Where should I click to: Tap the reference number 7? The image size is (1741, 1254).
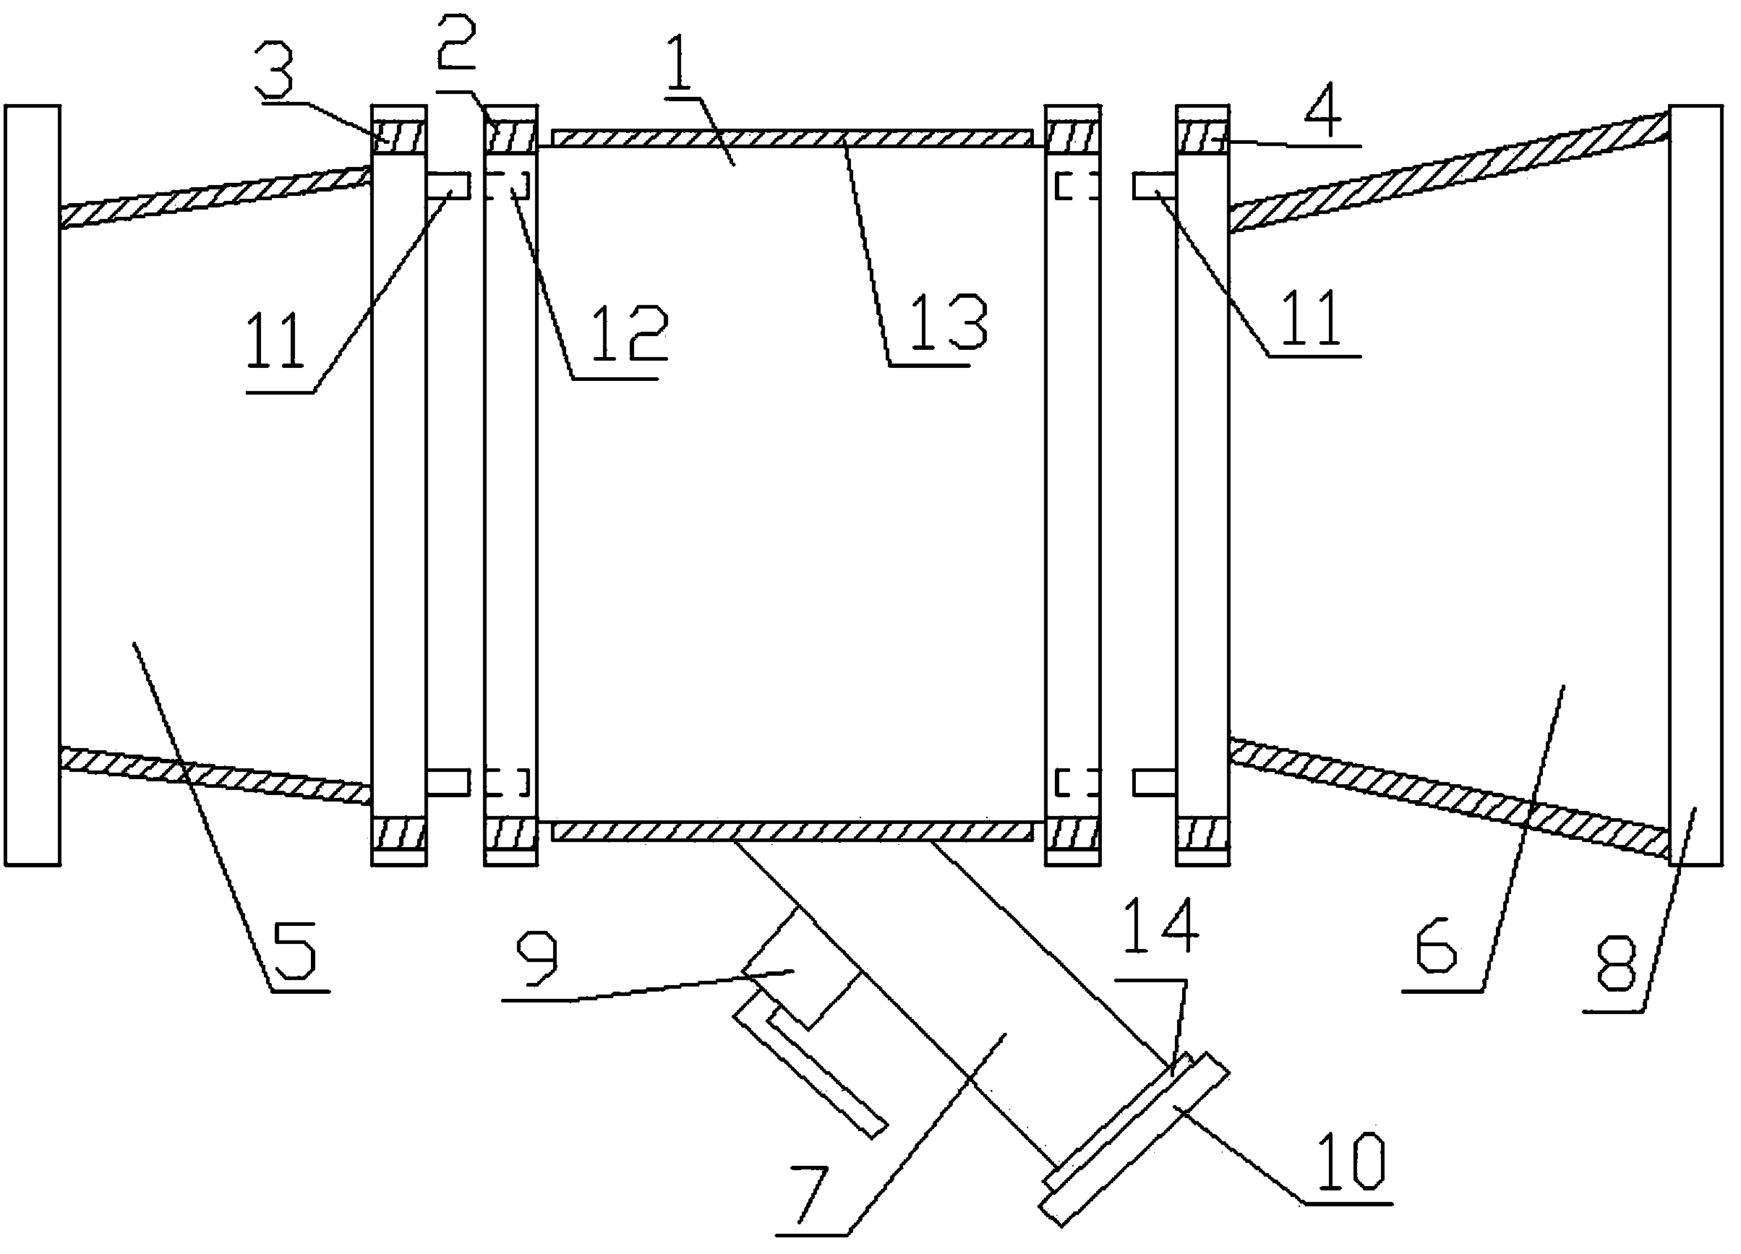812,1194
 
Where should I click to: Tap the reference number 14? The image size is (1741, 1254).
1160,927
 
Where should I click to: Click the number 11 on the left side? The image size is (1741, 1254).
275,344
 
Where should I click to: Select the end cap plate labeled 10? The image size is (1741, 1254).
1134,1139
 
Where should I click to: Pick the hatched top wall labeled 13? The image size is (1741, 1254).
791,138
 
